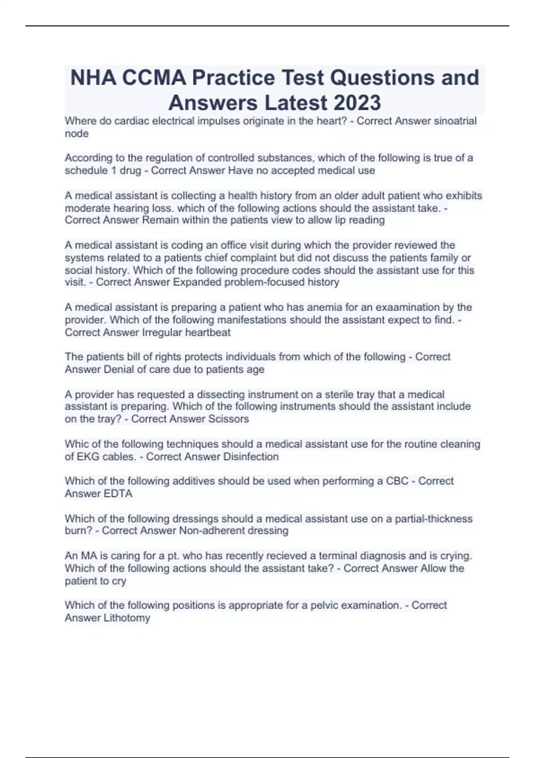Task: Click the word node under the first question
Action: coord(77,133)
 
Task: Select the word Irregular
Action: coord(162,332)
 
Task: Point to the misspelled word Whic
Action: coord(76,444)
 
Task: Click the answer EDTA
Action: coord(118,494)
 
